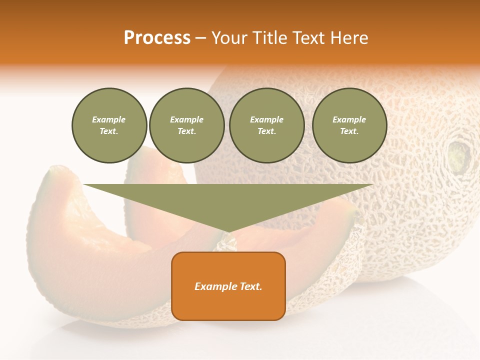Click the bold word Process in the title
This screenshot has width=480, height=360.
pyautogui.click(x=157, y=38)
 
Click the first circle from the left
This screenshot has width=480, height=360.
pyautogui.click(x=109, y=125)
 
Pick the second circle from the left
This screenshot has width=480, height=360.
pyautogui.click(x=186, y=125)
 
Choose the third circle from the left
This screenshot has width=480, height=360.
pyautogui.click(x=266, y=125)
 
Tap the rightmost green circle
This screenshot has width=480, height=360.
pyautogui.click(x=349, y=125)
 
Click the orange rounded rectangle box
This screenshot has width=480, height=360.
pyautogui.click(x=228, y=286)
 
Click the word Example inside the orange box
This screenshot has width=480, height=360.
pyautogui.click(x=215, y=286)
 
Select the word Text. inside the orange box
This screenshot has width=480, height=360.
pyautogui.click(x=250, y=286)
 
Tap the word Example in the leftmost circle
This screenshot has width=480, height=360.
pyautogui.click(x=109, y=120)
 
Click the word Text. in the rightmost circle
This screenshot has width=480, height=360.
pyautogui.click(x=349, y=131)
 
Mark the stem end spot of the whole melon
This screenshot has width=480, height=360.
pyautogui.click(x=458, y=156)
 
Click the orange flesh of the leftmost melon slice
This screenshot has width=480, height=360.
pyautogui.click(x=75, y=240)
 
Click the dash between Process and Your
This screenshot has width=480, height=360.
pyautogui.click(x=200, y=38)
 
